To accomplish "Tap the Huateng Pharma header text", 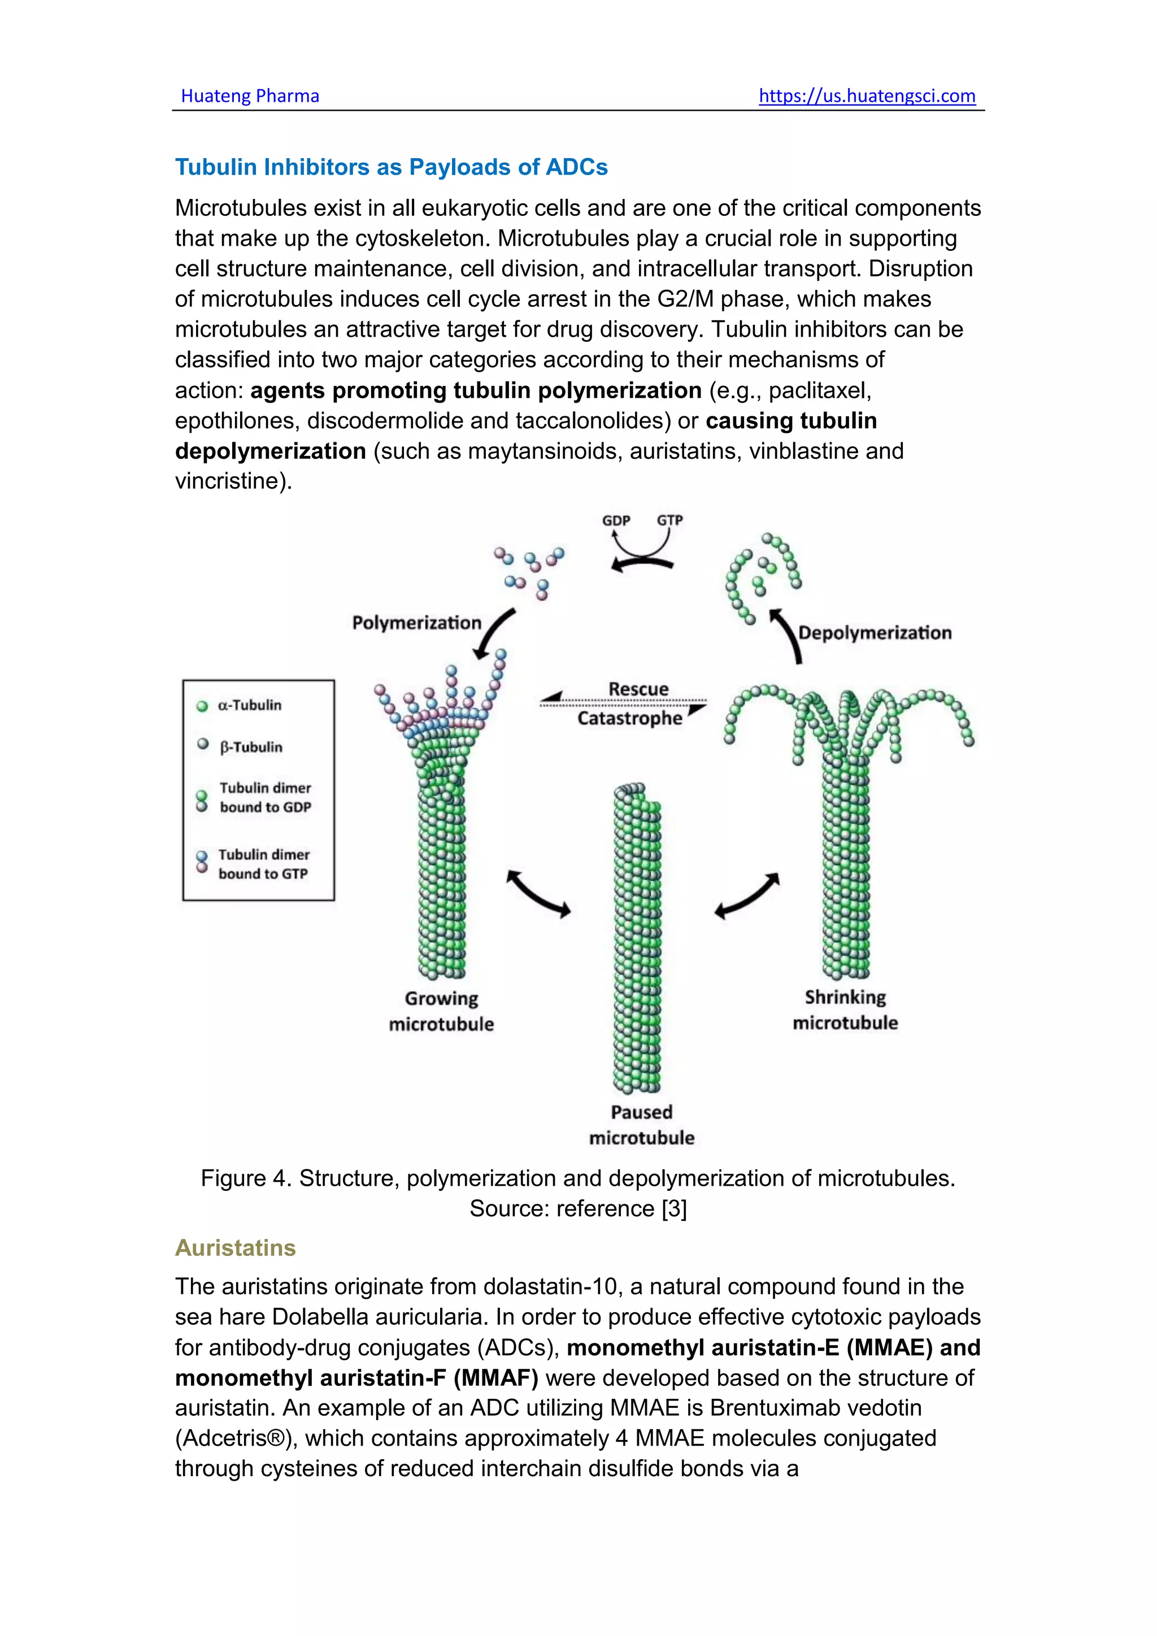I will pos(250,96).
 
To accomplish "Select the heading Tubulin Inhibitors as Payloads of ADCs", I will pos(391,167).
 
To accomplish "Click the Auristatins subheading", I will pos(235,1248).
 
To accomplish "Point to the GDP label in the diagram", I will pos(616,520).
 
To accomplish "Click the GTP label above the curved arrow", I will pos(669,520).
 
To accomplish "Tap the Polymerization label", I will pos(417,623).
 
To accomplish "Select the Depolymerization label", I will pos(874,633).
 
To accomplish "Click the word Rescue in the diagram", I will pos(638,689).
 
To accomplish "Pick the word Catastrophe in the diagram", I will pos(630,718).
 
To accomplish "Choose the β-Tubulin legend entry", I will pos(251,747).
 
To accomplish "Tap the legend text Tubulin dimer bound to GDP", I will pos(265,797).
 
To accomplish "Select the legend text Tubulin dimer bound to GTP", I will pos(264,864).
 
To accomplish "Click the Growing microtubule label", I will pos(441,1011).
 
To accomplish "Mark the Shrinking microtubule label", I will pos(845,1010).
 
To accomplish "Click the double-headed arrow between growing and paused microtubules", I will pos(538,893).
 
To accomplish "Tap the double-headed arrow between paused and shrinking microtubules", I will pos(747,895).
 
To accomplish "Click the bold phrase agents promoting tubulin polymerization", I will pos(476,390).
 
